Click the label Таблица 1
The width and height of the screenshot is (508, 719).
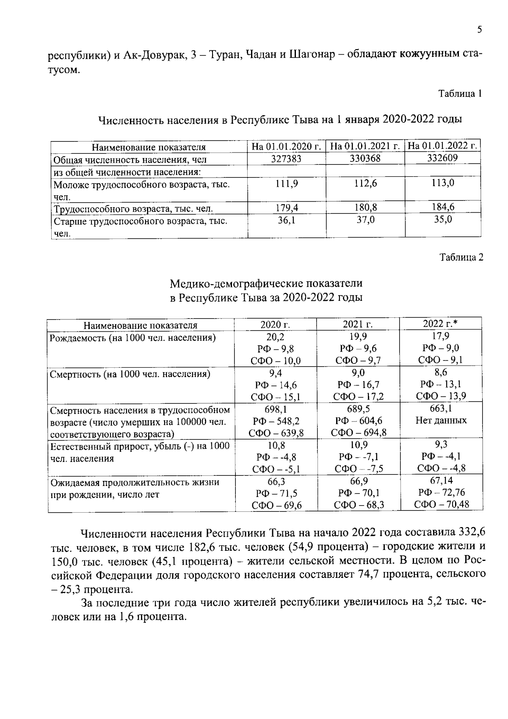(x=460, y=94)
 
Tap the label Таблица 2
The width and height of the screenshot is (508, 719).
(x=461, y=257)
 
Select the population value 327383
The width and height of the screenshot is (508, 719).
(x=286, y=158)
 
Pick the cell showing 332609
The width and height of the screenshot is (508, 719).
(x=442, y=158)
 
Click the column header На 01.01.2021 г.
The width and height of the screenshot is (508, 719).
(x=365, y=146)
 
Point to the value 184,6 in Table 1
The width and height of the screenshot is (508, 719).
(x=443, y=207)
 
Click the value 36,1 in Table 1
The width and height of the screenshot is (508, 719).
(x=286, y=220)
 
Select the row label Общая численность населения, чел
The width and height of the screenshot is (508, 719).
(x=130, y=160)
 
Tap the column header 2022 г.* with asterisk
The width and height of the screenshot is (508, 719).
(x=441, y=324)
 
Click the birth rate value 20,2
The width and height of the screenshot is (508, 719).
(x=276, y=336)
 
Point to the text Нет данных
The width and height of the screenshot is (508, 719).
(x=441, y=420)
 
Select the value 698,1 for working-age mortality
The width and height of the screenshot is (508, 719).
(x=276, y=409)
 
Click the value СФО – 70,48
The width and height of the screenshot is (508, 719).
(x=441, y=504)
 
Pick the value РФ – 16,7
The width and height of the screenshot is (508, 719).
(x=358, y=385)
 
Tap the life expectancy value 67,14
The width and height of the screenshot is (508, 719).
(x=441, y=480)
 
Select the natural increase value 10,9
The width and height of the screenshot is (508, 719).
(x=359, y=445)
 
